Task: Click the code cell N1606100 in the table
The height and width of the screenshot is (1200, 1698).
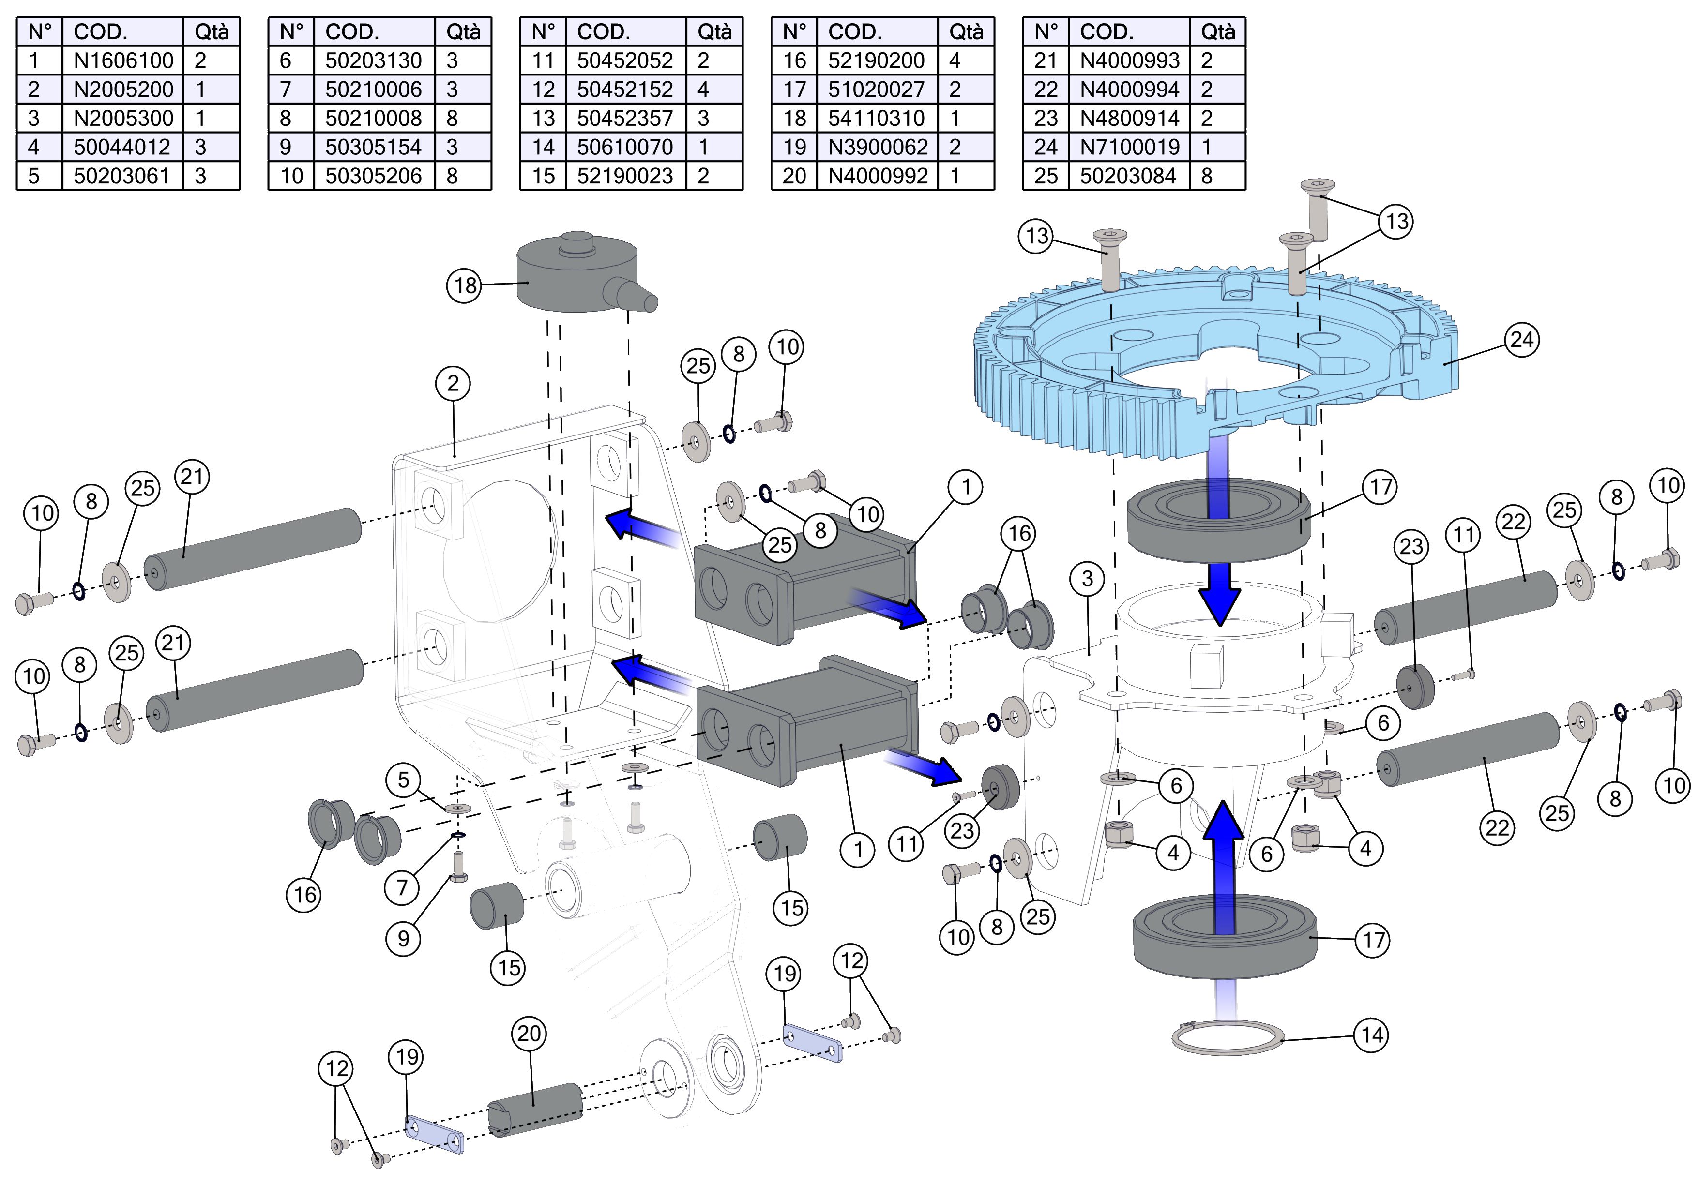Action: pos(123,60)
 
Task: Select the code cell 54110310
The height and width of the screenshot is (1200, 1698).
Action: pos(877,118)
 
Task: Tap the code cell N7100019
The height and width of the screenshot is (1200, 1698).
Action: pos(1129,147)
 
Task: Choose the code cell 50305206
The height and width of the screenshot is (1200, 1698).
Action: pos(374,176)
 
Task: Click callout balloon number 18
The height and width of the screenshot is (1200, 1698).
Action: pos(465,285)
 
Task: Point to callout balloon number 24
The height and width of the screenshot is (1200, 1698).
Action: pos(1521,340)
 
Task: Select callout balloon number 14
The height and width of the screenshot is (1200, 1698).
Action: pos(1371,1035)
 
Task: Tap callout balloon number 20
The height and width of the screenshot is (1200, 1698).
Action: pos(529,1034)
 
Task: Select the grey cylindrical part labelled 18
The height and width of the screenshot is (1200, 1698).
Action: pos(577,273)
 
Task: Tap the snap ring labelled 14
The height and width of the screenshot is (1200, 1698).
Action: pos(1228,1039)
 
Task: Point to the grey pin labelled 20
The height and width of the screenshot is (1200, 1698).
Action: pos(535,1109)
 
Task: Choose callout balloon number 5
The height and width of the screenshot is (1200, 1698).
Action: pos(403,780)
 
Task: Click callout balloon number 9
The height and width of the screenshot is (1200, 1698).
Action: pos(403,939)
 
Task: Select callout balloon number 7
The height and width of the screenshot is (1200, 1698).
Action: pos(402,887)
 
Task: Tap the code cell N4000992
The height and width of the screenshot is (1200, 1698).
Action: pos(877,176)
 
